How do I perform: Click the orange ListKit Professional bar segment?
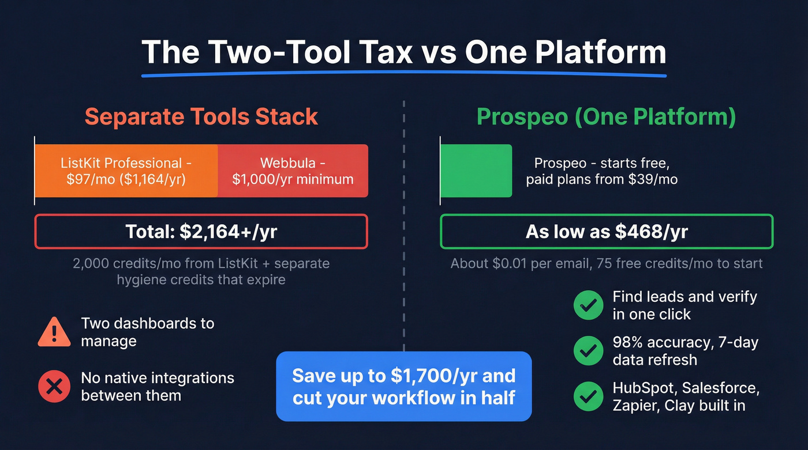click(x=126, y=171)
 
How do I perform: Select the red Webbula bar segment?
click(x=293, y=171)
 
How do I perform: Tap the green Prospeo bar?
click(x=476, y=171)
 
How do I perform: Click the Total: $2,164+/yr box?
click(x=201, y=232)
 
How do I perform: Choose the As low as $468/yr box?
click(x=606, y=232)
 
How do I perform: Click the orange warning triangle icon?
click(x=54, y=332)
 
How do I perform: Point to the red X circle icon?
click(x=54, y=387)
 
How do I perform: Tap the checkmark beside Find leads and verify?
click(x=588, y=305)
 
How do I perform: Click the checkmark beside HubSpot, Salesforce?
click(x=588, y=396)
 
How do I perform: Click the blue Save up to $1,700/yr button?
click(x=403, y=386)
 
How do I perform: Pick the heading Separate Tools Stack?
click(x=201, y=116)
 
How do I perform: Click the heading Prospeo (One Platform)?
click(x=606, y=116)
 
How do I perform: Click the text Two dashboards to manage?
click(x=147, y=332)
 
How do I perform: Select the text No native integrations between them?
click(x=157, y=387)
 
